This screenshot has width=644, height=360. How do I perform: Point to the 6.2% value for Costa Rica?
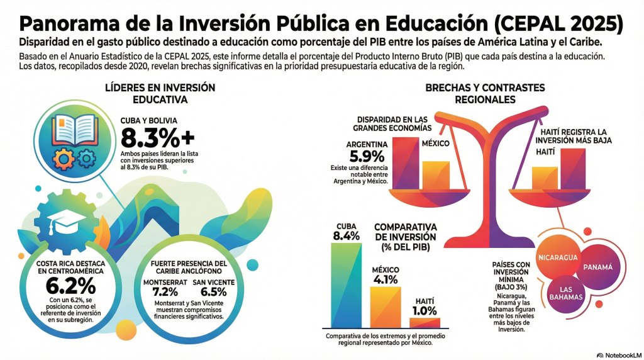[70, 286]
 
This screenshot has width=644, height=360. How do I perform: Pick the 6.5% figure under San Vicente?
[213, 292]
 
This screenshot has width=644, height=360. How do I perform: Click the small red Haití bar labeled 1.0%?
[425, 322]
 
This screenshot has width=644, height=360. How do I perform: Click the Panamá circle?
[598, 267]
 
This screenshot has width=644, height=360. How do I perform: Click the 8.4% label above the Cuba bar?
[346, 236]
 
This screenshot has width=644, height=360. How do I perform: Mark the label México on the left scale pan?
[435, 143]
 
